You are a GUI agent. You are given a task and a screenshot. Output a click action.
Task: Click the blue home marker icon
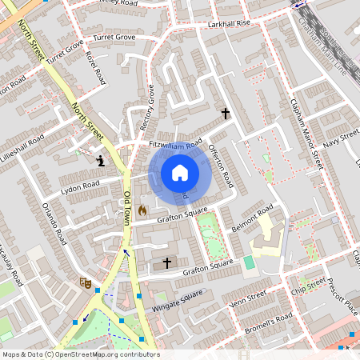click(180, 173)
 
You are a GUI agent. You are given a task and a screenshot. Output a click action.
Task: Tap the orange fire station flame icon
click(142, 210)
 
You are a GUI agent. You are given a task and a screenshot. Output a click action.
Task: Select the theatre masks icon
click(84, 282)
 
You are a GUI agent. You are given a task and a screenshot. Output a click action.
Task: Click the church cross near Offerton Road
click(226, 114)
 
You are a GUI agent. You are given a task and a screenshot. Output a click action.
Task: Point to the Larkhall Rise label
click(229, 24)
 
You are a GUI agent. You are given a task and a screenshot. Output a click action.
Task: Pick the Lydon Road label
click(80, 189)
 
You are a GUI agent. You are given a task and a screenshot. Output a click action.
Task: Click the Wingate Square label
click(178, 303)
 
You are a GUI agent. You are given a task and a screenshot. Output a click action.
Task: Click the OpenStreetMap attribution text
click(80, 354)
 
